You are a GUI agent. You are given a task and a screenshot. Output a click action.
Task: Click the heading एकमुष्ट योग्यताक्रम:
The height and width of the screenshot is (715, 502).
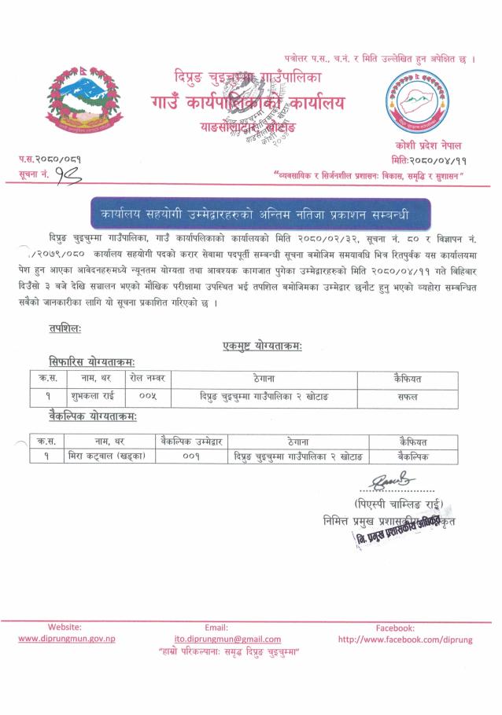pos(263,346)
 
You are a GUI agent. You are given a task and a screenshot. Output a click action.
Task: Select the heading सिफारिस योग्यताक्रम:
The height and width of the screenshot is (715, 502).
pos(90,361)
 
